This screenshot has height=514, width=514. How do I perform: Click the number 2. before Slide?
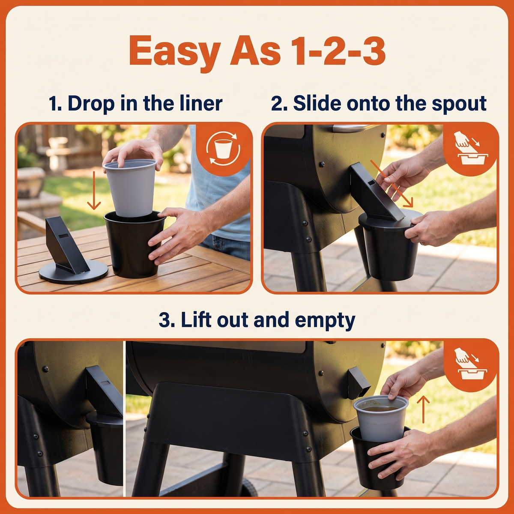tap(279, 104)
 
